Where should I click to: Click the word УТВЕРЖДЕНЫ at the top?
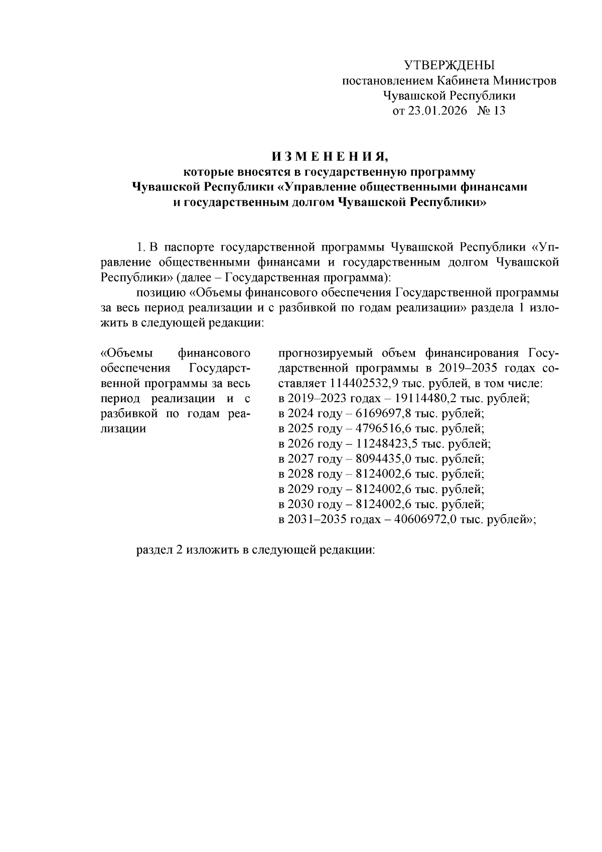click(x=449, y=65)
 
